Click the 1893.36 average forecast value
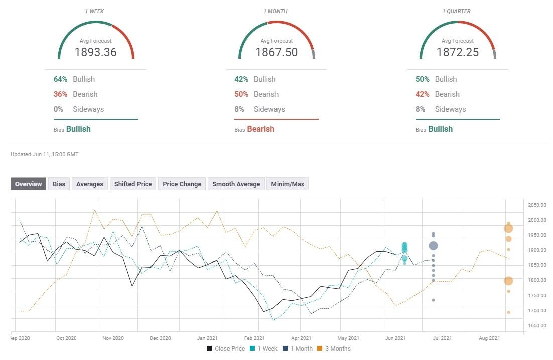click(x=95, y=52)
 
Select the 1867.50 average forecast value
click(x=276, y=52)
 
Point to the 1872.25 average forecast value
click(x=457, y=52)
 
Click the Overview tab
click(x=28, y=184)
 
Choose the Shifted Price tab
click(x=133, y=184)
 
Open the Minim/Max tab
click(x=288, y=184)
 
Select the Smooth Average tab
click(x=236, y=184)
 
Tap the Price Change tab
click(x=182, y=184)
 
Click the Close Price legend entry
click(x=225, y=349)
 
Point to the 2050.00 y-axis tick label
click(x=536, y=205)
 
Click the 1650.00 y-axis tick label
click(x=536, y=326)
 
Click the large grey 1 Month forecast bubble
click(x=433, y=246)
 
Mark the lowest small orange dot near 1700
click(x=508, y=313)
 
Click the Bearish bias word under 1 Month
click(x=260, y=129)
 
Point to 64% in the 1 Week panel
click(x=60, y=79)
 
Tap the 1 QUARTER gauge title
click(x=457, y=12)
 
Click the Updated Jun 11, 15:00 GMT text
click(x=45, y=155)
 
